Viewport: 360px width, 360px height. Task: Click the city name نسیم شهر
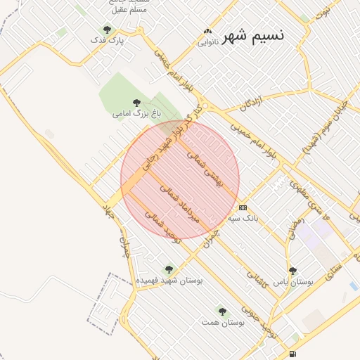point(253,37)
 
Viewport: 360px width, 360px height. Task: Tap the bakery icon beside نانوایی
point(207,32)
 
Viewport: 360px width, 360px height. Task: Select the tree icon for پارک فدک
point(107,30)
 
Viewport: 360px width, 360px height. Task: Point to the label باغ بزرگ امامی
point(137,112)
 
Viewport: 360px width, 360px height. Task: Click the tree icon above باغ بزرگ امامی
point(136,103)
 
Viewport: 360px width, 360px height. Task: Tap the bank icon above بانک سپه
point(243,207)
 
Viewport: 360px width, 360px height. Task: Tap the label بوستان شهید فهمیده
point(169,280)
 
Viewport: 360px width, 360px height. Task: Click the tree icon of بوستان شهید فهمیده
point(168,269)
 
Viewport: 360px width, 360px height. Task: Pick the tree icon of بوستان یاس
point(293,271)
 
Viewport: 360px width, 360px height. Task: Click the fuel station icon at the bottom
point(292,354)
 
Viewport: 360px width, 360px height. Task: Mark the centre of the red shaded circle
point(180,179)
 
